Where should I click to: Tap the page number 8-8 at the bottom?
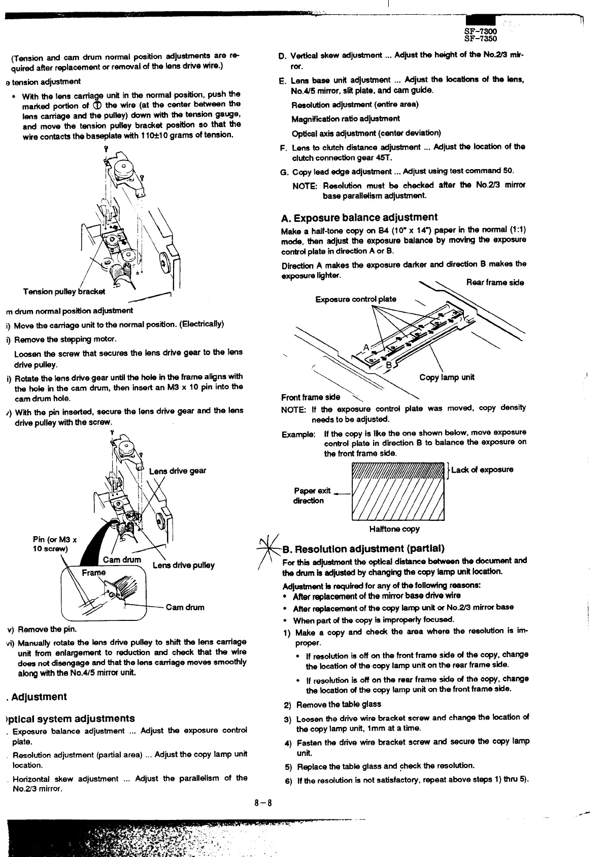(264, 803)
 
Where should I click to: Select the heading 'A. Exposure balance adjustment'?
(359, 218)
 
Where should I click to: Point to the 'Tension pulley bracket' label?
(64, 291)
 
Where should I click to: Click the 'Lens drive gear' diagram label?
(178, 471)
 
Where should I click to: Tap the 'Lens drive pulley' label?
(183, 565)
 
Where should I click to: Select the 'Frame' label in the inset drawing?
(94, 573)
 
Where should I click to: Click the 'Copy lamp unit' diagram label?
(447, 377)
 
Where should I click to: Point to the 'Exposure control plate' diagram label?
(356, 299)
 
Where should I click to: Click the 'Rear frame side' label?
(495, 282)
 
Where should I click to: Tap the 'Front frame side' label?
(311, 397)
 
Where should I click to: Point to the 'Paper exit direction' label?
(312, 496)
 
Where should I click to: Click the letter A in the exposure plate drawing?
(366, 347)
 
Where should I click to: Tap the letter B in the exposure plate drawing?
(389, 365)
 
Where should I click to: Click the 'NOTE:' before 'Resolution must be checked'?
(305, 186)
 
